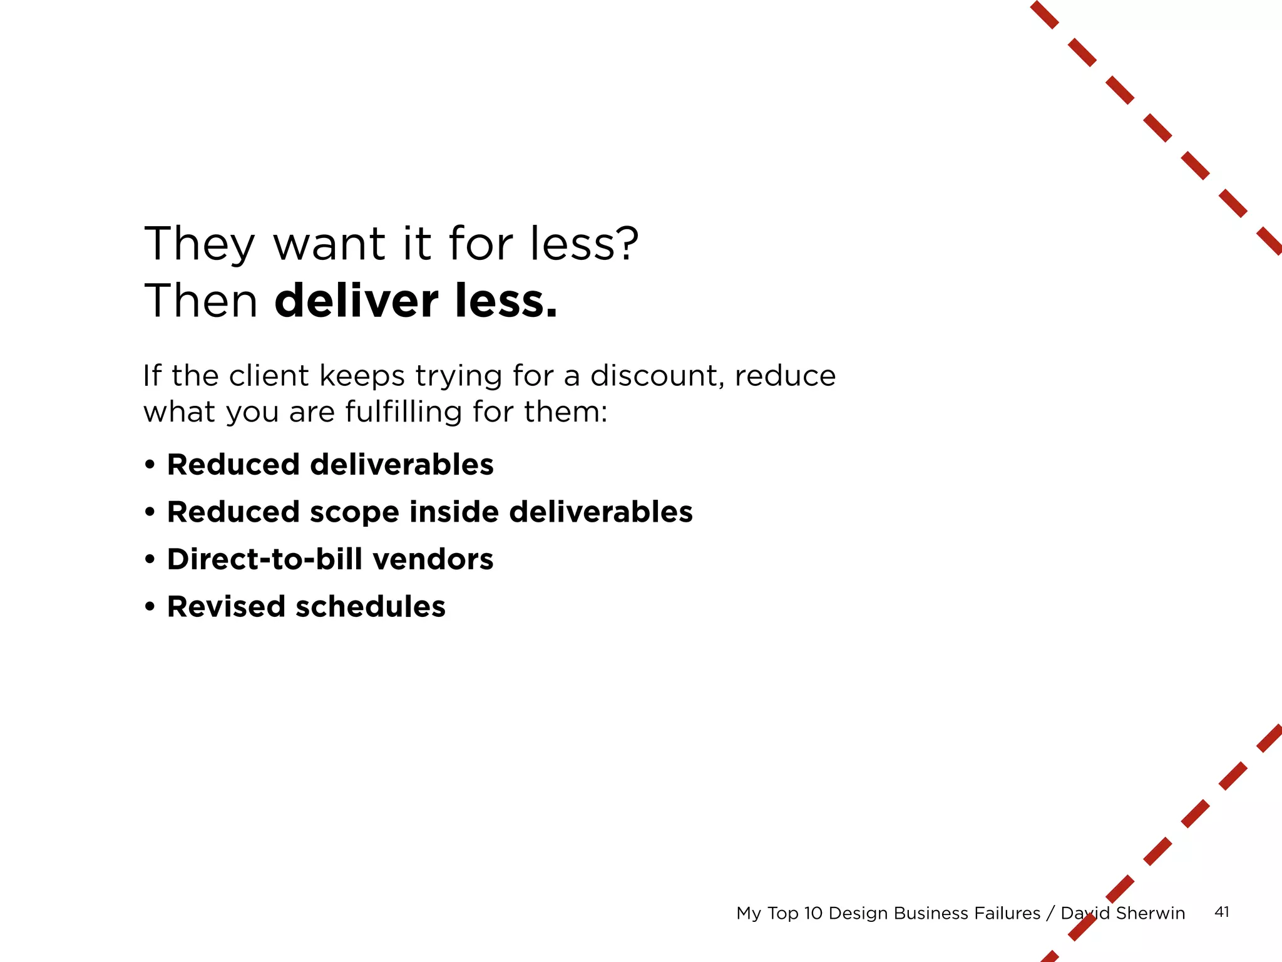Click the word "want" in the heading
coord(329,244)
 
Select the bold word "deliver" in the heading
coord(356,301)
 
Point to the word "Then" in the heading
coord(201,301)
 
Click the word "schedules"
coord(370,606)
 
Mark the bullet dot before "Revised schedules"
coord(150,606)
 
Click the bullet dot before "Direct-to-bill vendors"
coord(150,559)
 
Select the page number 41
coord(1221,912)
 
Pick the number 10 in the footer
coord(813,913)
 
